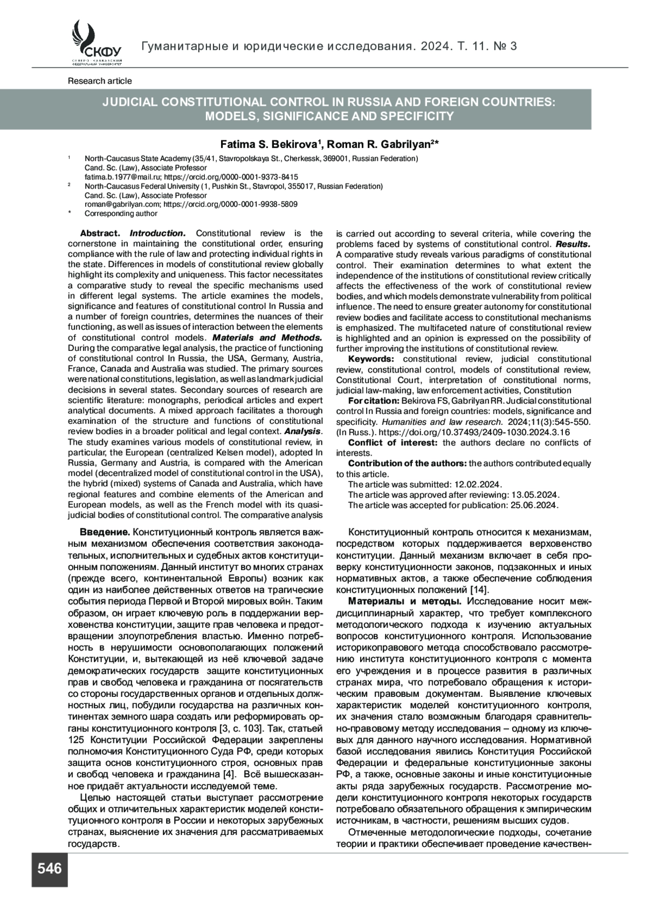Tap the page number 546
(x=50, y=868)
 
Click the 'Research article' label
(x=100, y=81)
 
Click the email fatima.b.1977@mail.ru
(x=122, y=177)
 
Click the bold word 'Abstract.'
(x=100, y=234)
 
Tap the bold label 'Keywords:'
(x=371, y=359)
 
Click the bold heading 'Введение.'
(x=105, y=533)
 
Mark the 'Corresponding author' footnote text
(x=121, y=214)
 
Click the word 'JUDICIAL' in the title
(x=132, y=103)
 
